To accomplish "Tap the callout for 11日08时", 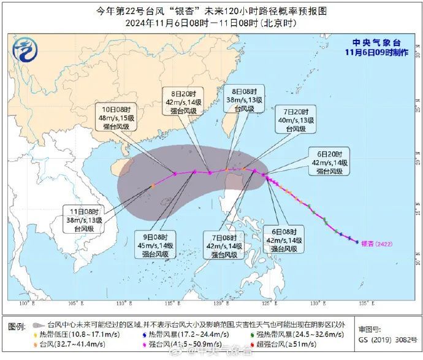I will [83, 219].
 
